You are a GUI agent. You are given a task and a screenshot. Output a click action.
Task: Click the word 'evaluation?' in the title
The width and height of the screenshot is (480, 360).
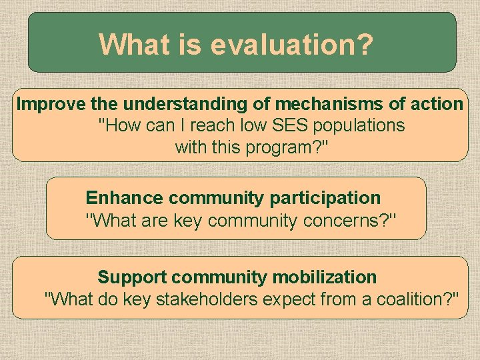tap(291, 45)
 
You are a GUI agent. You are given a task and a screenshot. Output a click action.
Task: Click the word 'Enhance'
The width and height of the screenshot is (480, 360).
tap(124, 198)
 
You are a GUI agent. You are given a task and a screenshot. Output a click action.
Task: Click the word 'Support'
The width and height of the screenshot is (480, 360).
tap(133, 277)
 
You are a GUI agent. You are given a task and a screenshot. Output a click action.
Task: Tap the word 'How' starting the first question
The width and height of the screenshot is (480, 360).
tap(116, 125)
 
